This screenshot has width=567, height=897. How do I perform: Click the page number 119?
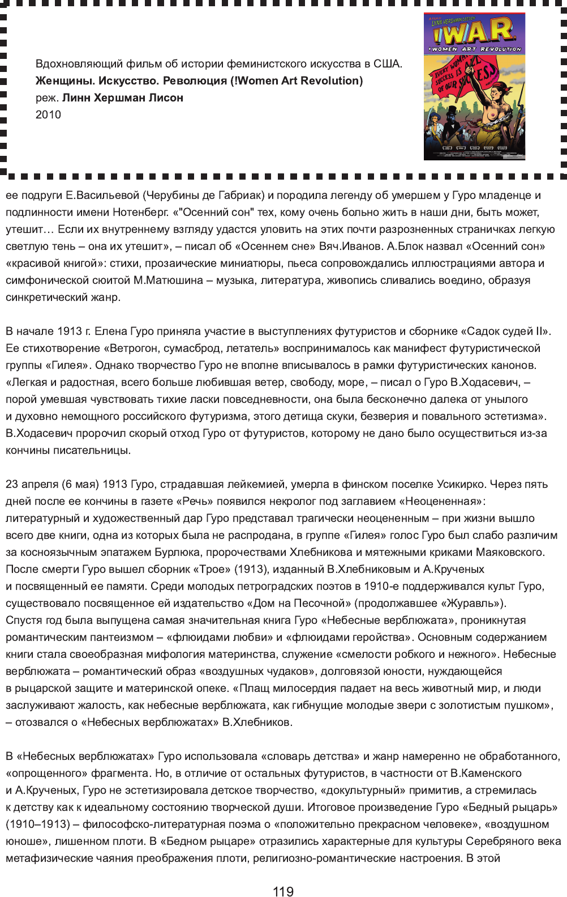[283, 891]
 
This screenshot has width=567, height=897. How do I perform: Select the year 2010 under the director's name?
[48, 114]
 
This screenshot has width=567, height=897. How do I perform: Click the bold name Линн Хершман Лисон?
[123, 97]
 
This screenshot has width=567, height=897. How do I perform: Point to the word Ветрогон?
[134, 348]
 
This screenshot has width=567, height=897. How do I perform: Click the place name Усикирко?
[461, 484]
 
